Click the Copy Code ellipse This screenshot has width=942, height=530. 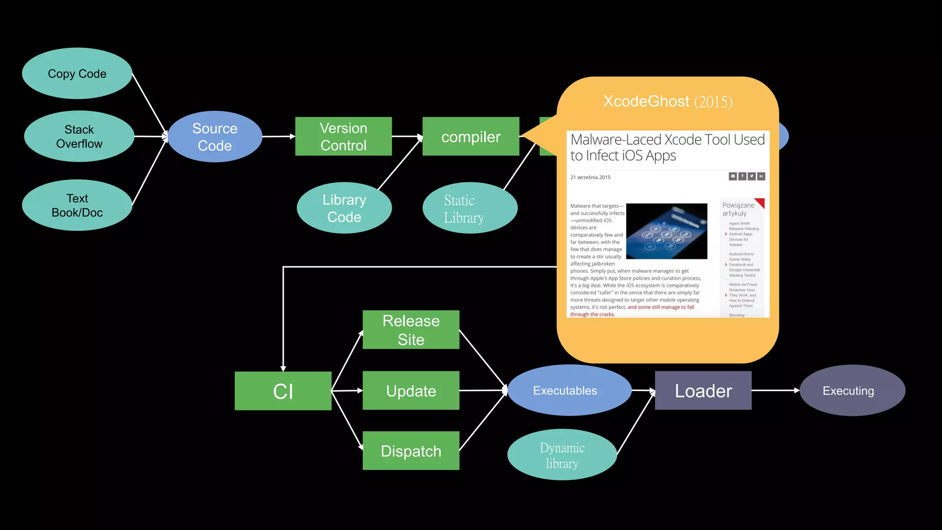point(77,74)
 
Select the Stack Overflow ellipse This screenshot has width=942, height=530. point(79,136)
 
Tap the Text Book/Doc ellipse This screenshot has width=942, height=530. point(77,205)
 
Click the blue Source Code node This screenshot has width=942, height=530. point(215,137)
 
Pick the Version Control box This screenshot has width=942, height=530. point(343,137)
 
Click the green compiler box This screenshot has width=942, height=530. point(471,137)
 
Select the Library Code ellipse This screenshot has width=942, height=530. point(344,208)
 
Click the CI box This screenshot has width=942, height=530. point(283,391)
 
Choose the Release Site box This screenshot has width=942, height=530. point(411,330)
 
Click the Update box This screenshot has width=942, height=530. point(411,391)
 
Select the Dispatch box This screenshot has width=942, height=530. point(411,451)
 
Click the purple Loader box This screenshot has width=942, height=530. point(703,391)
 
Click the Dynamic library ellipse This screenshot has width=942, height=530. point(562,455)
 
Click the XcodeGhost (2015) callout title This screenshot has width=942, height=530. point(667,101)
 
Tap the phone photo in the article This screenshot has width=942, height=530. point(666,231)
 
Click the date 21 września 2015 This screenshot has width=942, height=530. point(591,177)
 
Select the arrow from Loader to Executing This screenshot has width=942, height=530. point(775,390)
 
